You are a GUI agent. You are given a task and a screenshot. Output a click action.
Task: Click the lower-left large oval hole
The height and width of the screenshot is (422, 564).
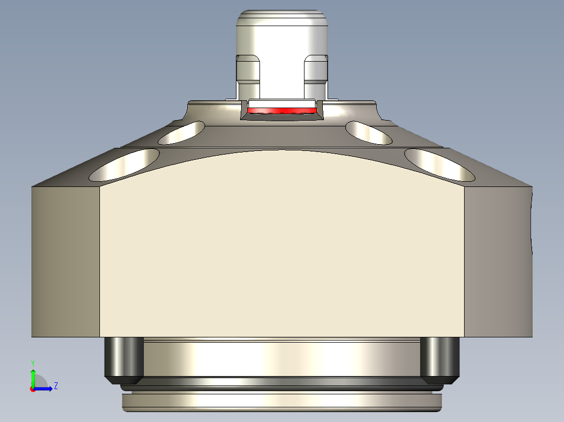click(125, 165)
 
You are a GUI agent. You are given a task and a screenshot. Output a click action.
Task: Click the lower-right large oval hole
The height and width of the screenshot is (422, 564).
click(439, 165)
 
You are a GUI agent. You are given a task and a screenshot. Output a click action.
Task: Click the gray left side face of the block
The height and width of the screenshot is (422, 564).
click(65, 261)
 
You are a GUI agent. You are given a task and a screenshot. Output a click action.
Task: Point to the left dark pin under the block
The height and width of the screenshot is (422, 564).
click(124, 358)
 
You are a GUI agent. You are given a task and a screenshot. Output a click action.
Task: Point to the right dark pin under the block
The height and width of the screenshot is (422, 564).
click(439, 358)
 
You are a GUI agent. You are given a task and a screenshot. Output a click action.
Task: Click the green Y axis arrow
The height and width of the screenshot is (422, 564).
click(33, 377)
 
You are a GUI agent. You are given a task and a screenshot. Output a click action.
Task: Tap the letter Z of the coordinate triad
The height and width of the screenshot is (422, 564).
click(55, 386)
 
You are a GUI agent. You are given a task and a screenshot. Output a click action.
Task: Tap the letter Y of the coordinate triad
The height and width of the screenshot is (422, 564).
click(33, 362)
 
